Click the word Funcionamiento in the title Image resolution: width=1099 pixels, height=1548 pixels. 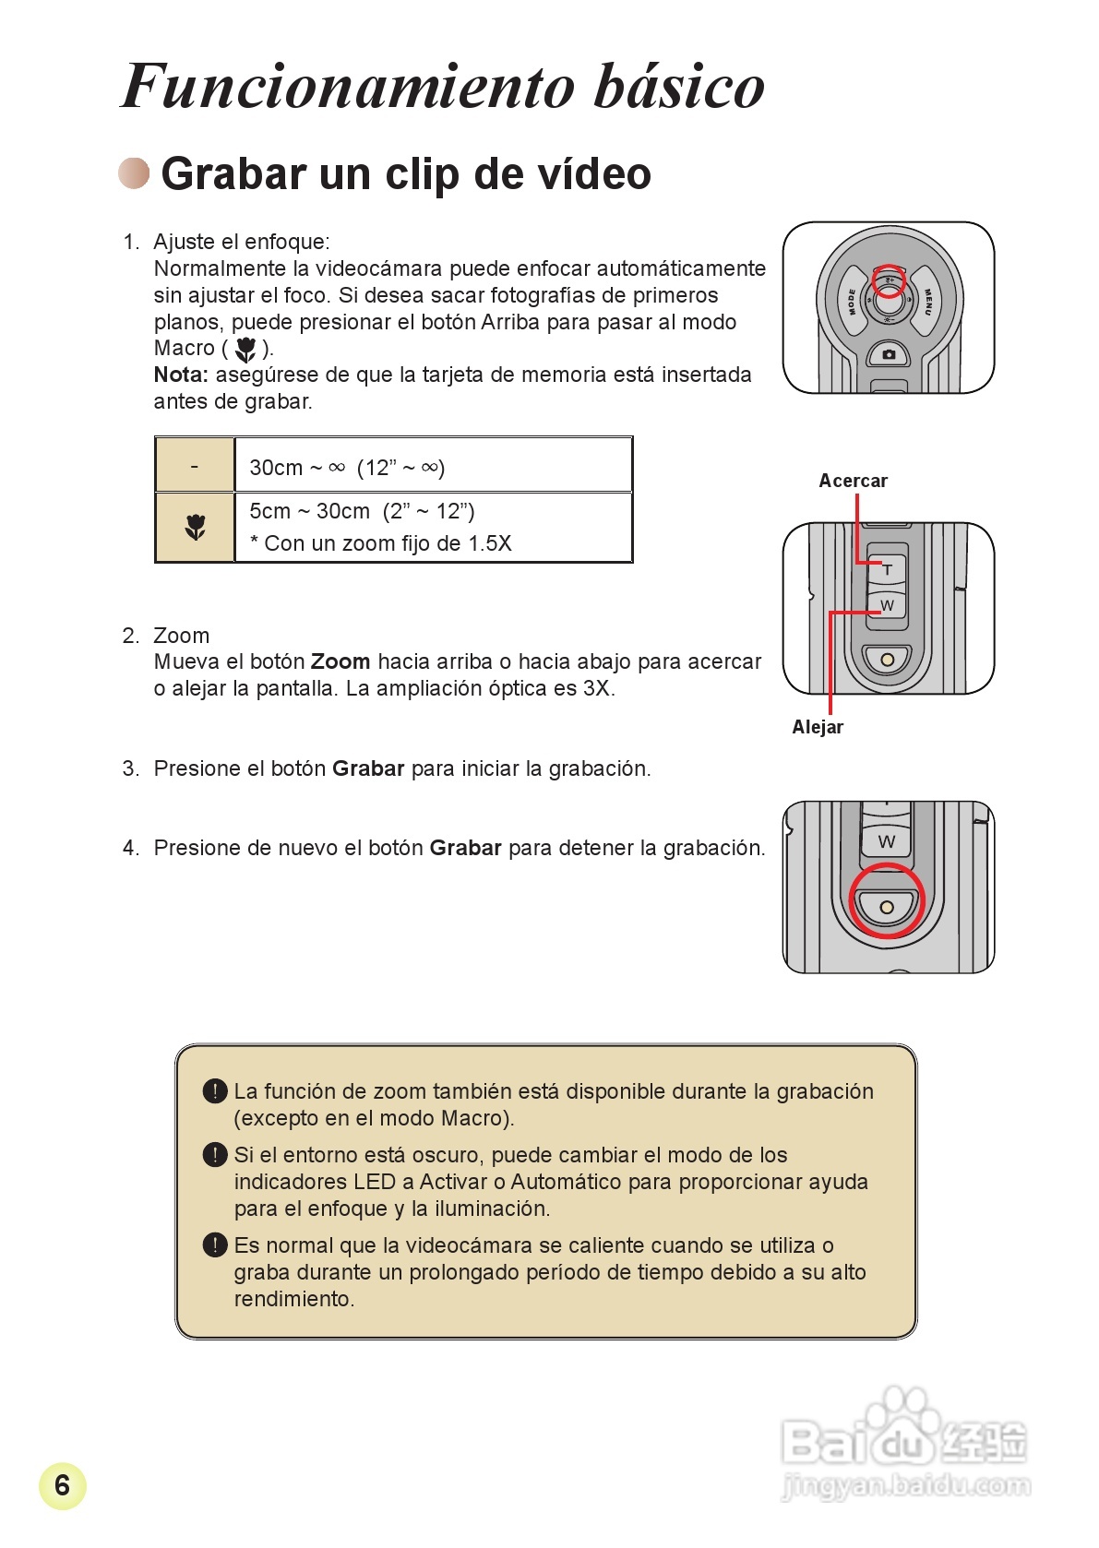pyautogui.click(x=349, y=87)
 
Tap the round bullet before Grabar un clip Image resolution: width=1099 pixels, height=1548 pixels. pyautogui.click(x=134, y=173)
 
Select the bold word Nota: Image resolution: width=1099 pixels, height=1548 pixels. pyautogui.click(x=181, y=375)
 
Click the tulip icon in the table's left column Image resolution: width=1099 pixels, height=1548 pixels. pyautogui.click(x=195, y=527)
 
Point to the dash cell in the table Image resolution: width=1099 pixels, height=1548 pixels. pyautogui.click(x=195, y=466)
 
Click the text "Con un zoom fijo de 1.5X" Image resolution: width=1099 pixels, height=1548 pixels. pyautogui.click(x=388, y=543)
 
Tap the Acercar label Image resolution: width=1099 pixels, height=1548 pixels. pyautogui.click(x=853, y=481)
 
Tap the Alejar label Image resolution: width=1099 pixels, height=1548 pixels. pyautogui.click(x=818, y=727)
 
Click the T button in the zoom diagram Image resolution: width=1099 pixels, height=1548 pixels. pyautogui.click(x=887, y=569)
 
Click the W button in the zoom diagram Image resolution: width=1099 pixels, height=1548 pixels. pyautogui.click(x=887, y=605)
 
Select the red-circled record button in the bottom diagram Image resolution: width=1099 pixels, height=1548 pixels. pyautogui.click(x=886, y=905)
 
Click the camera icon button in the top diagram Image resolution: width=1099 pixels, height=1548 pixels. pyautogui.click(x=888, y=354)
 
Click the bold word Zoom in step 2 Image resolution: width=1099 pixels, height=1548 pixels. pyautogui.click(x=340, y=661)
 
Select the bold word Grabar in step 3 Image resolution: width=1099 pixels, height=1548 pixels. pyautogui.click(x=368, y=768)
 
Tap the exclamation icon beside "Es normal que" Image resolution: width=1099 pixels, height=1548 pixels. pyautogui.click(x=214, y=1244)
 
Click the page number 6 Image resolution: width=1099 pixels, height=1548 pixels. pyautogui.click(x=62, y=1485)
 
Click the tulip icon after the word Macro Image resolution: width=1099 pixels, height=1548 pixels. pyautogui.click(x=245, y=349)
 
